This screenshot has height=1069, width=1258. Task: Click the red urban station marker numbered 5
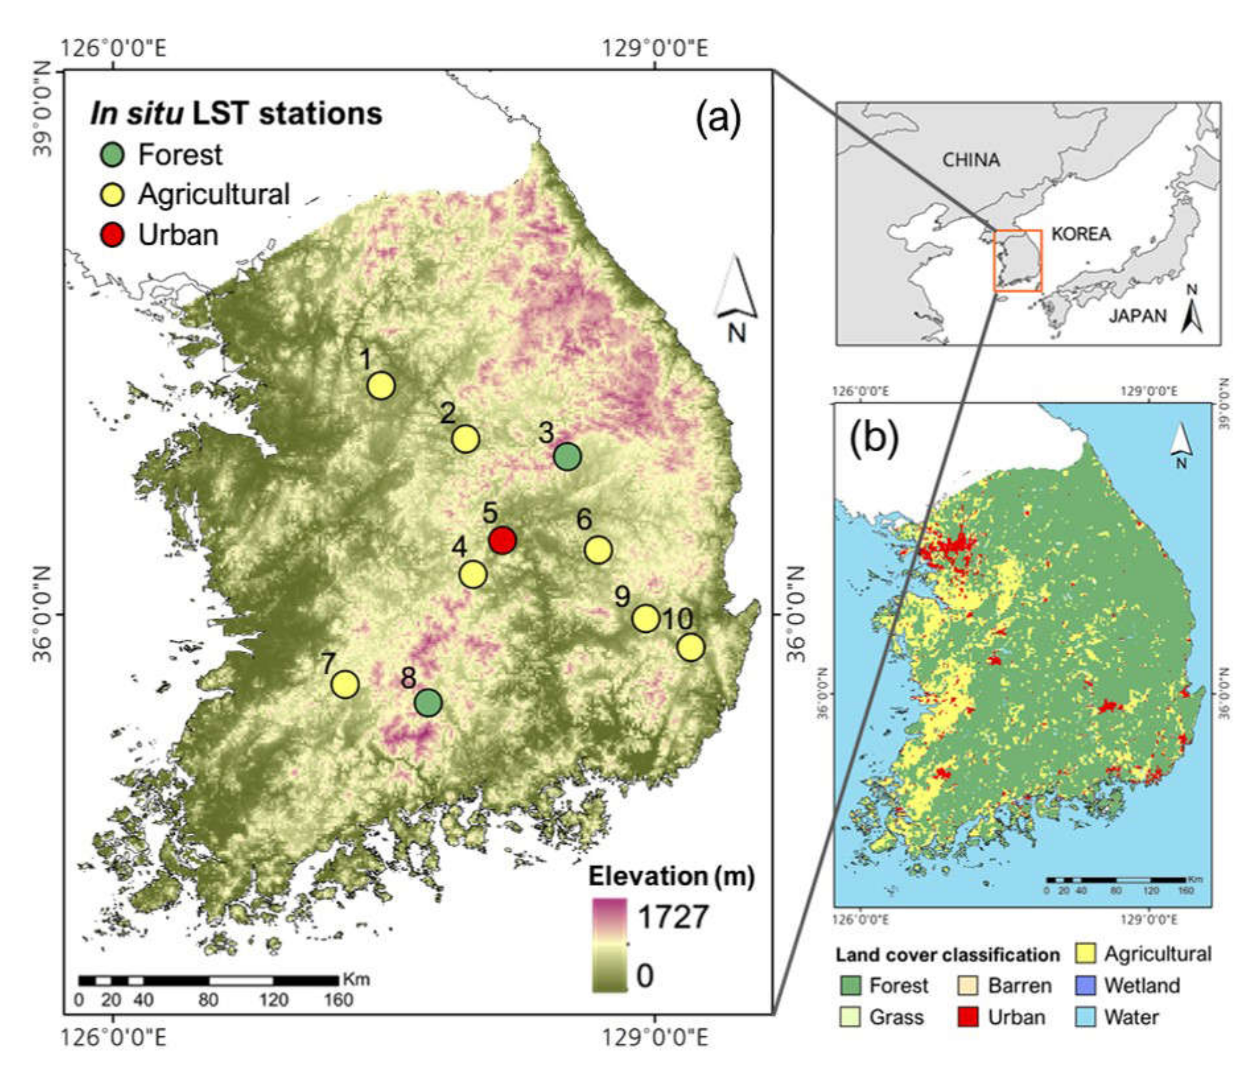502,539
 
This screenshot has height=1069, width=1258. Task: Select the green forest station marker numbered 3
567,456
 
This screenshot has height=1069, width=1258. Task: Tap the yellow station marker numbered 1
381,385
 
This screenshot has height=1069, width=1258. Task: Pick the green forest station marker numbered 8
428,703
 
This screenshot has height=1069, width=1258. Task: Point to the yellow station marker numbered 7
345,684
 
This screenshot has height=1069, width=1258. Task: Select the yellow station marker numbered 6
598,549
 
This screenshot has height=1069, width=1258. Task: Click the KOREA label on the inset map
1080,234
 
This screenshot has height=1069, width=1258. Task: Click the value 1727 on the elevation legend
672,917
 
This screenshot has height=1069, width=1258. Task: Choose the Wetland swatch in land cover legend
1086,986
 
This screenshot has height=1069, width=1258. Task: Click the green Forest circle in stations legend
112,155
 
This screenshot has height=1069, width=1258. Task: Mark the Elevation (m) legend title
671,876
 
